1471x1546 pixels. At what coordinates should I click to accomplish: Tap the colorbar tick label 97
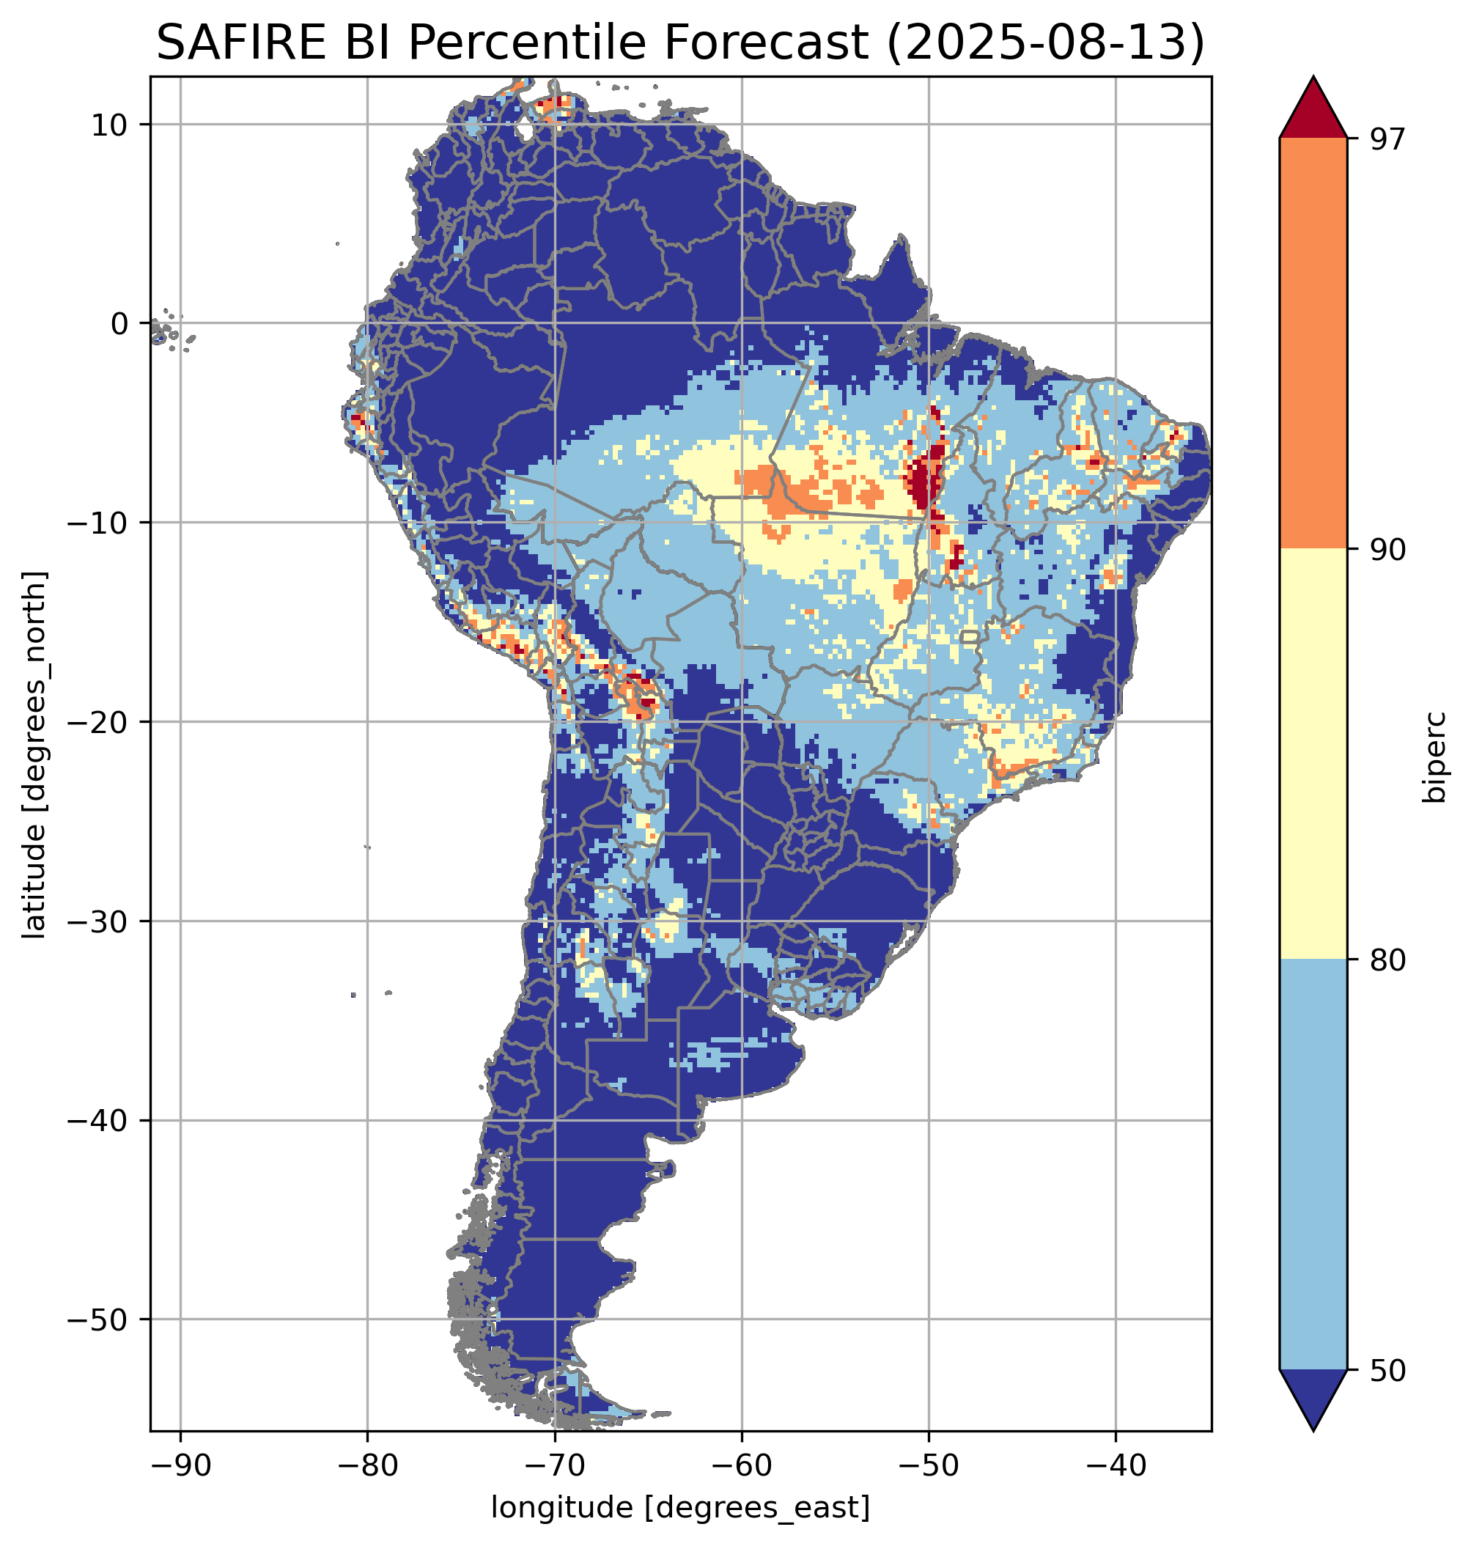(x=1389, y=139)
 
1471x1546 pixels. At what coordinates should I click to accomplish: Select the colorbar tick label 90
(x=1389, y=549)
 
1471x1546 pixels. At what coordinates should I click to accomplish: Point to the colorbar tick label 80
(x=1389, y=960)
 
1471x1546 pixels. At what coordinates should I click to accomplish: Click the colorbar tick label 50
(x=1389, y=1370)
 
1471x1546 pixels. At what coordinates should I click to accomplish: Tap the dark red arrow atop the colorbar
(x=1313, y=110)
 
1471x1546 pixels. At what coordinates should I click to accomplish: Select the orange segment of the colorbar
(x=1313, y=344)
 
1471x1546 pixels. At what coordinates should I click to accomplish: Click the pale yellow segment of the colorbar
(x=1313, y=753)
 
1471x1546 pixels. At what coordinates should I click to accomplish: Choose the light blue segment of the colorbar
(x=1313, y=1165)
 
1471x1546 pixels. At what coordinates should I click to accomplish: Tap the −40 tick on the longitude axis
(x=1116, y=1465)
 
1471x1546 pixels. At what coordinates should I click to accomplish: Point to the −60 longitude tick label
(x=742, y=1465)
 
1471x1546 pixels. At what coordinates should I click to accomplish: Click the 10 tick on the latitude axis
(x=110, y=125)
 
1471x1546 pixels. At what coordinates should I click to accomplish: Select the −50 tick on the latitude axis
(x=98, y=1320)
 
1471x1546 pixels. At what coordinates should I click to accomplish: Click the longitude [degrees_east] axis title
(x=681, y=1506)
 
